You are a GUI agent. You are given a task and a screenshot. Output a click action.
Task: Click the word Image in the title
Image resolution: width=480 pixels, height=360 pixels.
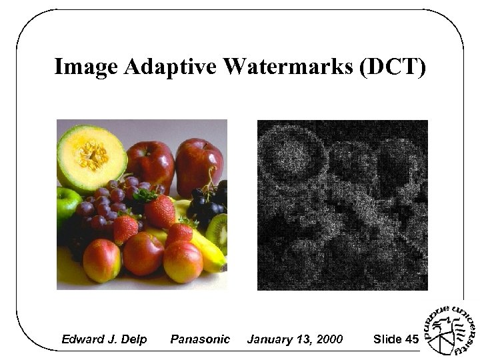click(x=85, y=67)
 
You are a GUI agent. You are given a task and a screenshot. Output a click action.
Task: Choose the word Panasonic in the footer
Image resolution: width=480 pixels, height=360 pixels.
click(x=200, y=339)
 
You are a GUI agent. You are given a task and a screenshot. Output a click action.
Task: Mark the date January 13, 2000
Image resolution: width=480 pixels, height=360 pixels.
click(x=295, y=339)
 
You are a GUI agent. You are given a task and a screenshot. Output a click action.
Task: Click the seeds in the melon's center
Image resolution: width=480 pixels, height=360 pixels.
click(x=91, y=155)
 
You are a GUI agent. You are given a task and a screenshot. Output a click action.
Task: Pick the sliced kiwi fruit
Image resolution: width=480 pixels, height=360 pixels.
click(x=217, y=230)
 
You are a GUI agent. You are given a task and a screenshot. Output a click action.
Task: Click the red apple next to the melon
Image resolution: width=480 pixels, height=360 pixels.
click(x=149, y=163)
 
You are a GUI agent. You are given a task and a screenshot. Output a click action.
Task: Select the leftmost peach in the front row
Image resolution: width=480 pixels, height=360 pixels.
click(x=102, y=260)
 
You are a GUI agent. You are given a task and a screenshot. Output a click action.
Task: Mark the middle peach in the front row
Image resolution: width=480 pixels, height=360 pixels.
click(x=143, y=253)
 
